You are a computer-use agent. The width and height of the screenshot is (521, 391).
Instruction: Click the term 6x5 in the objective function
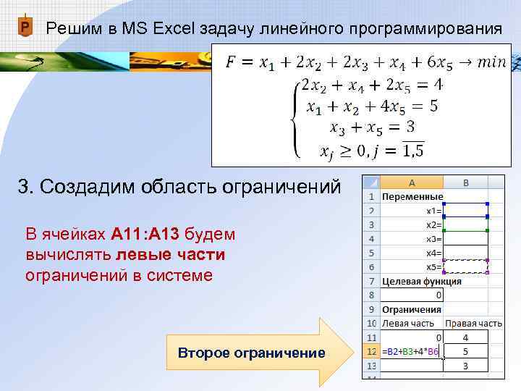click(x=433, y=64)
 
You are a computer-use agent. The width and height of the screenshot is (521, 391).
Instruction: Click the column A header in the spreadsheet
click(x=411, y=182)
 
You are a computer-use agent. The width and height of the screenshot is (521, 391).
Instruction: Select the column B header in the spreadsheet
click(x=466, y=182)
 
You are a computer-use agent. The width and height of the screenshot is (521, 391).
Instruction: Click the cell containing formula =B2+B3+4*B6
click(x=410, y=352)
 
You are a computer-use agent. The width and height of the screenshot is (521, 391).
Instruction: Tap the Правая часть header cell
click(x=473, y=323)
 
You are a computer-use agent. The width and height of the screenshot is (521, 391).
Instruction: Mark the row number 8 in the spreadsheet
click(x=370, y=295)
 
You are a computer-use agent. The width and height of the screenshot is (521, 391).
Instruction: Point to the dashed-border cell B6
click(x=466, y=266)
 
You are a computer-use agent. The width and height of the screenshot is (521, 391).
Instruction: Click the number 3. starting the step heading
click(x=26, y=187)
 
